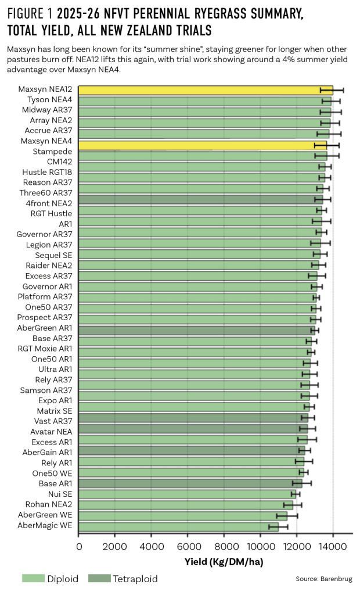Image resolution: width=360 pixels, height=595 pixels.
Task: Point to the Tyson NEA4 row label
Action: click(49, 100)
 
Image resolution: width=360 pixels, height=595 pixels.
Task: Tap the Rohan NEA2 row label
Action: click(49, 504)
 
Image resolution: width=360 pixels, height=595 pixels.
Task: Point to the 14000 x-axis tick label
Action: click(333, 546)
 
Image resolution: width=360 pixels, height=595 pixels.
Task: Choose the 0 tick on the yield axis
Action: click(79, 546)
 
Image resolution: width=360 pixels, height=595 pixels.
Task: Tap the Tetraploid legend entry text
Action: click(135, 578)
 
